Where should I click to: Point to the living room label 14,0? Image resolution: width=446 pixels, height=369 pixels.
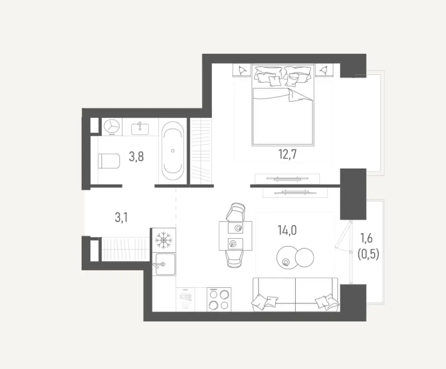tap(287, 231)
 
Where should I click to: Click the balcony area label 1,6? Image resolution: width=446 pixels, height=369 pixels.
tap(369, 237)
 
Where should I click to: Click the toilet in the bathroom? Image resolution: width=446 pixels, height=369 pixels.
tap(108, 161)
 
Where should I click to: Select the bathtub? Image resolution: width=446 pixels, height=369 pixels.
tap(173, 150)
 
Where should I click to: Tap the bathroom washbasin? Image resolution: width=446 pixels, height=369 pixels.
tap(140, 127)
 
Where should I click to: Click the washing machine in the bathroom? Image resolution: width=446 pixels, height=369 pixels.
tap(112, 126)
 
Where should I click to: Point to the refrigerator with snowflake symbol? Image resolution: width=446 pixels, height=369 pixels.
tap(164, 239)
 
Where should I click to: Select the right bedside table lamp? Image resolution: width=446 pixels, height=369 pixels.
tap(325, 70)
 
